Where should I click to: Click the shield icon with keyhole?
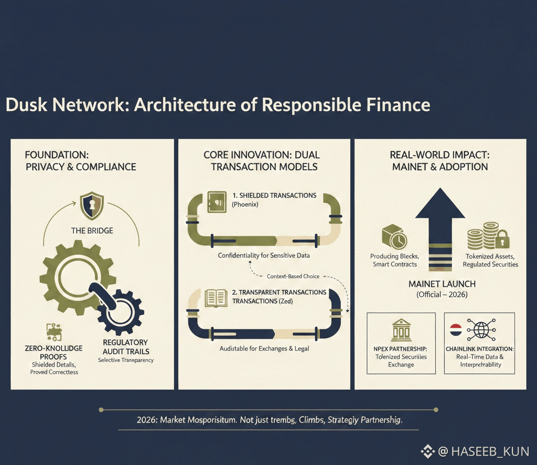click(92, 206)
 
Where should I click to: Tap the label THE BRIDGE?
click(92, 230)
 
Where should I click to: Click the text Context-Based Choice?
click(293, 276)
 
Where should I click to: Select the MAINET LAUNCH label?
click(442, 283)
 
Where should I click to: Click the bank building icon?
click(401, 331)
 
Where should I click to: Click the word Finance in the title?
click(397, 105)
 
